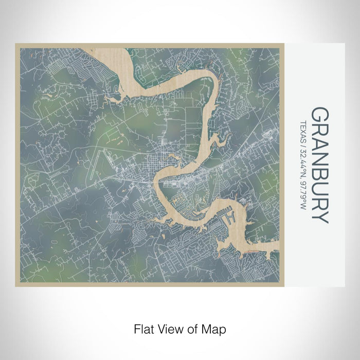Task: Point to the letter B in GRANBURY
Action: [x=319, y=172]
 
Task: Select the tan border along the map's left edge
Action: [x=17, y=165]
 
